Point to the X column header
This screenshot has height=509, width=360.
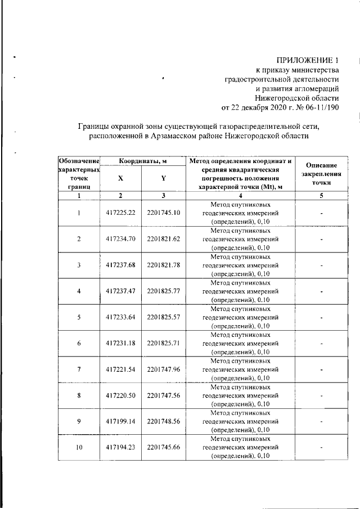(120, 178)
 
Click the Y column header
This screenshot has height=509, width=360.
(163, 178)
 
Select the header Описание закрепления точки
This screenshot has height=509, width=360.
(318, 174)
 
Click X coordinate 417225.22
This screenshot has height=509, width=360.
(120, 213)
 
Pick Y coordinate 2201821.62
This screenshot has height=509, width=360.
(163, 239)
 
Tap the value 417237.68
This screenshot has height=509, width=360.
(120, 265)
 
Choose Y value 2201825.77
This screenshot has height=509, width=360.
(163, 291)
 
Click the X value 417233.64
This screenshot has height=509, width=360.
(120, 317)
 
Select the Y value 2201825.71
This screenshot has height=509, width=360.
(163, 343)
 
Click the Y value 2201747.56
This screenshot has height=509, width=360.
(163, 395)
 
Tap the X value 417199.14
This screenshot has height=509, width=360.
(120, 421)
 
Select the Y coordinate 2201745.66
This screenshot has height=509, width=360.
(163, 448)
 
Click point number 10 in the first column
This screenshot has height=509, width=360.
(79, 448)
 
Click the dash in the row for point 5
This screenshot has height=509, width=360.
(319, 317)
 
